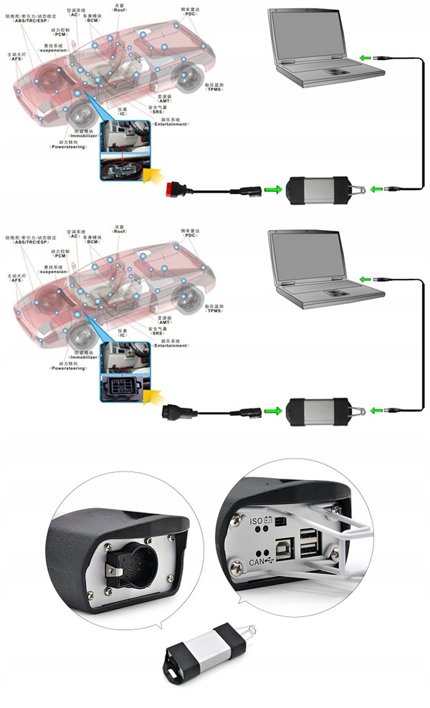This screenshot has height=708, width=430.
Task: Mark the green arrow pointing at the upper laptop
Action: tap(365, 58)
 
